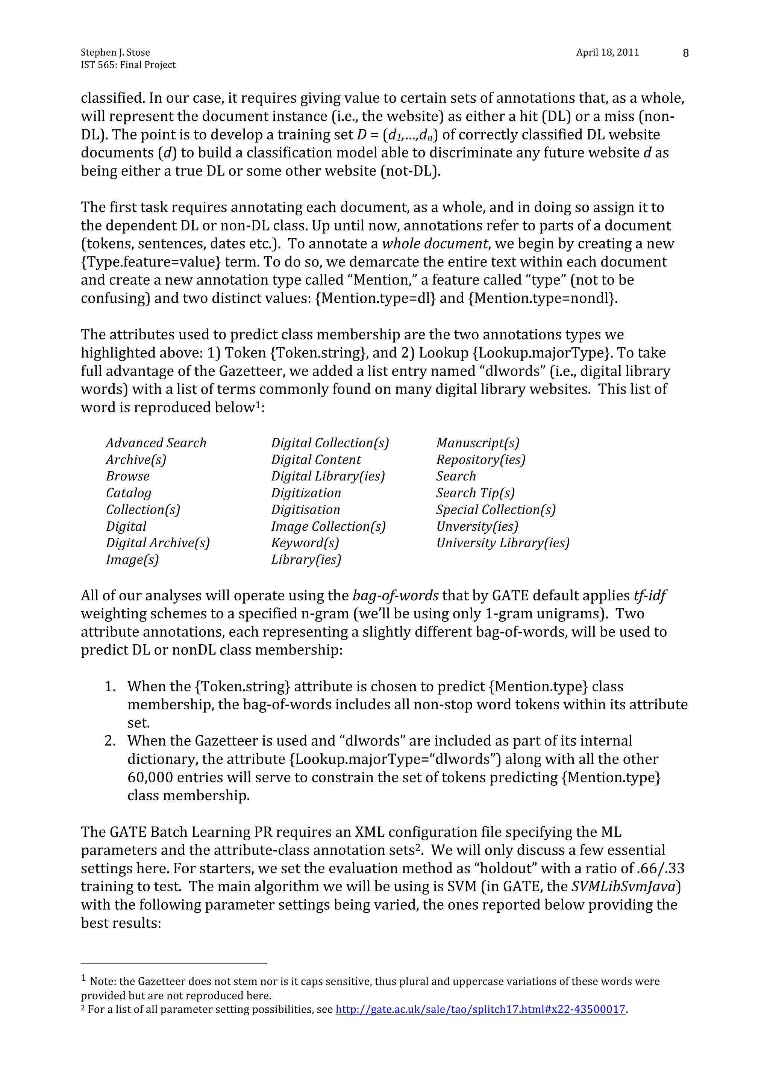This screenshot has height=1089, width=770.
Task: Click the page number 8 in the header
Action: [x=685, y=53]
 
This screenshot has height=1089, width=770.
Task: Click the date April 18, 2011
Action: [x=607, y=52]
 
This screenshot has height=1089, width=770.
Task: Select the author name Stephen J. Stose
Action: [x=115, y=52]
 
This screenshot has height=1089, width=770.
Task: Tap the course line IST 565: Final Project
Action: [x=128, y=65]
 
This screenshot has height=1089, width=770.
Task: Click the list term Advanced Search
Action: [x=156, y=443]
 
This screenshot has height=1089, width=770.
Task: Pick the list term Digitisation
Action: [x=306, y=510]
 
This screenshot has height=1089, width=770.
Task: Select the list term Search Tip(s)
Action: [x=475, y=493]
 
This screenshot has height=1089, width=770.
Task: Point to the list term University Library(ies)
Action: [x=502, y=543]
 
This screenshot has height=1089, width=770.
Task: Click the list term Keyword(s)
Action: [x=305, y=543]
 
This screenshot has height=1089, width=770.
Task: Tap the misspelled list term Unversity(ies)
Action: [x=477, y=527]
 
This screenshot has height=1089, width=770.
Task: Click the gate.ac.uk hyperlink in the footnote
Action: [x=480, y=1009]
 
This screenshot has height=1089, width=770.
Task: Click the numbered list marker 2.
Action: [x=110, y=741]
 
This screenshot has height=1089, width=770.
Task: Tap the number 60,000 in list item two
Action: [x=152, y=778]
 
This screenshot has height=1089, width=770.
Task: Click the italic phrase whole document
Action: [x=435, y=244]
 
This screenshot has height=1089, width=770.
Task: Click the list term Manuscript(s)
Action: [x=478, y=443]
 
